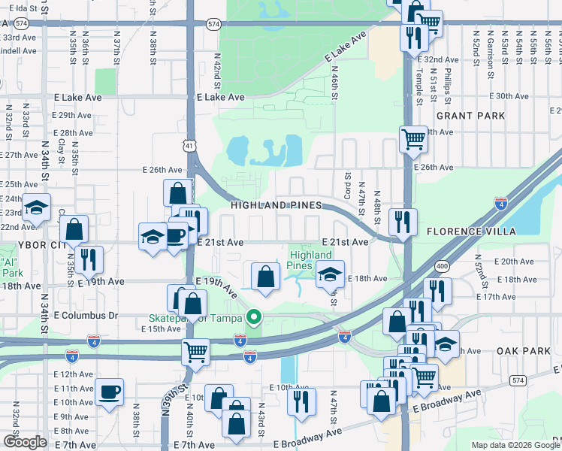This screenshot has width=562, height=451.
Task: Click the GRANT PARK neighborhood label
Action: click(470, 116)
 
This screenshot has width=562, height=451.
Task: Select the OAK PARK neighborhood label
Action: click(524, 351)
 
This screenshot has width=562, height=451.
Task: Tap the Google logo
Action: click(25, 442)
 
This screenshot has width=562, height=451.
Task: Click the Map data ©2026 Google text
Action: click(515, 445)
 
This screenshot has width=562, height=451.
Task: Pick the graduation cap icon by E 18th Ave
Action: click(329, 274)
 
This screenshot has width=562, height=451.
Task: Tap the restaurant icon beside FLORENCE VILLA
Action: click(403, 220)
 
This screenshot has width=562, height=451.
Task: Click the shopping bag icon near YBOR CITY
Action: click(74, 228)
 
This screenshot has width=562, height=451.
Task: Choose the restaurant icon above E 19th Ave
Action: click(89, 259)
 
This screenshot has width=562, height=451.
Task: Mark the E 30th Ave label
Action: click(509, 96)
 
